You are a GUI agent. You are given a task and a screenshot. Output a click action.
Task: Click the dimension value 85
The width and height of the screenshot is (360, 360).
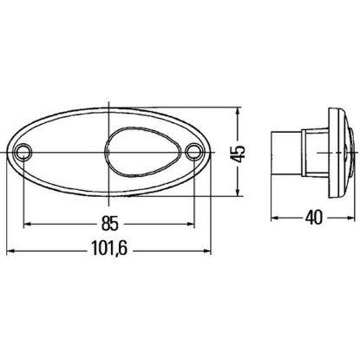[110, 224]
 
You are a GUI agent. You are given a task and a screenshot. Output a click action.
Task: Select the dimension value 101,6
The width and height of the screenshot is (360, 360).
[109, 248]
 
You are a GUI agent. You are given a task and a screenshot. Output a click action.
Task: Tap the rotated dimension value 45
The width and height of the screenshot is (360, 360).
[239, 154]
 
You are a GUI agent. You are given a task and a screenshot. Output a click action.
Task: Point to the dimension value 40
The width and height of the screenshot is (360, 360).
[313, 218]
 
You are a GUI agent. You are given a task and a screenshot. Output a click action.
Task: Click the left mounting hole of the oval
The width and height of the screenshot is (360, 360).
[23, 151]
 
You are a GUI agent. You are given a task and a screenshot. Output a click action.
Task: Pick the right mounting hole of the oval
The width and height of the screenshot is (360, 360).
[193, 151]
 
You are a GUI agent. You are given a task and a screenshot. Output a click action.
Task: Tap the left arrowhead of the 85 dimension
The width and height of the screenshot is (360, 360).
[27, 224]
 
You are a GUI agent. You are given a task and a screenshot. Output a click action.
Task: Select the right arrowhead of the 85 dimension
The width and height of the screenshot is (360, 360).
[191, 224]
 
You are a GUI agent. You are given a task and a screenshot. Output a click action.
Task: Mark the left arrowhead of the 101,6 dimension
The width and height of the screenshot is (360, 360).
[10, 252]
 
